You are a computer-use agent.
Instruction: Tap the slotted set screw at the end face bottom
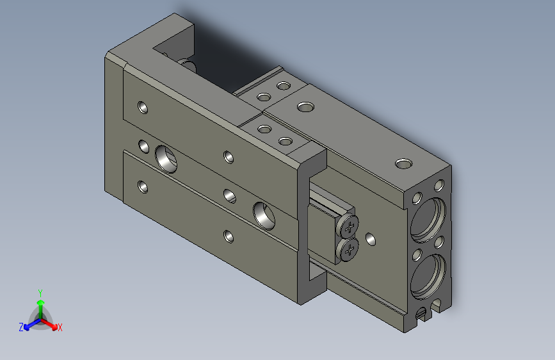[x=420, y=315]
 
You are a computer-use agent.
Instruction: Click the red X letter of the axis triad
[x=60, y=328]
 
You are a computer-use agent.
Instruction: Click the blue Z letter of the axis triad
[x=21, y=327]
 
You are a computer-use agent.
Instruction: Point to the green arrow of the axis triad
[x=40, y=305]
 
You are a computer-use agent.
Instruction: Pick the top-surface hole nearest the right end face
[x=403, y=164]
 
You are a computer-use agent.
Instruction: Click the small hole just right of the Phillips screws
[x=370, y=240]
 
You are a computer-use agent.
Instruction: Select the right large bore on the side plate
[x=264, y=214]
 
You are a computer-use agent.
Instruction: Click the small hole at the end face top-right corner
[x=438, y=186]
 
